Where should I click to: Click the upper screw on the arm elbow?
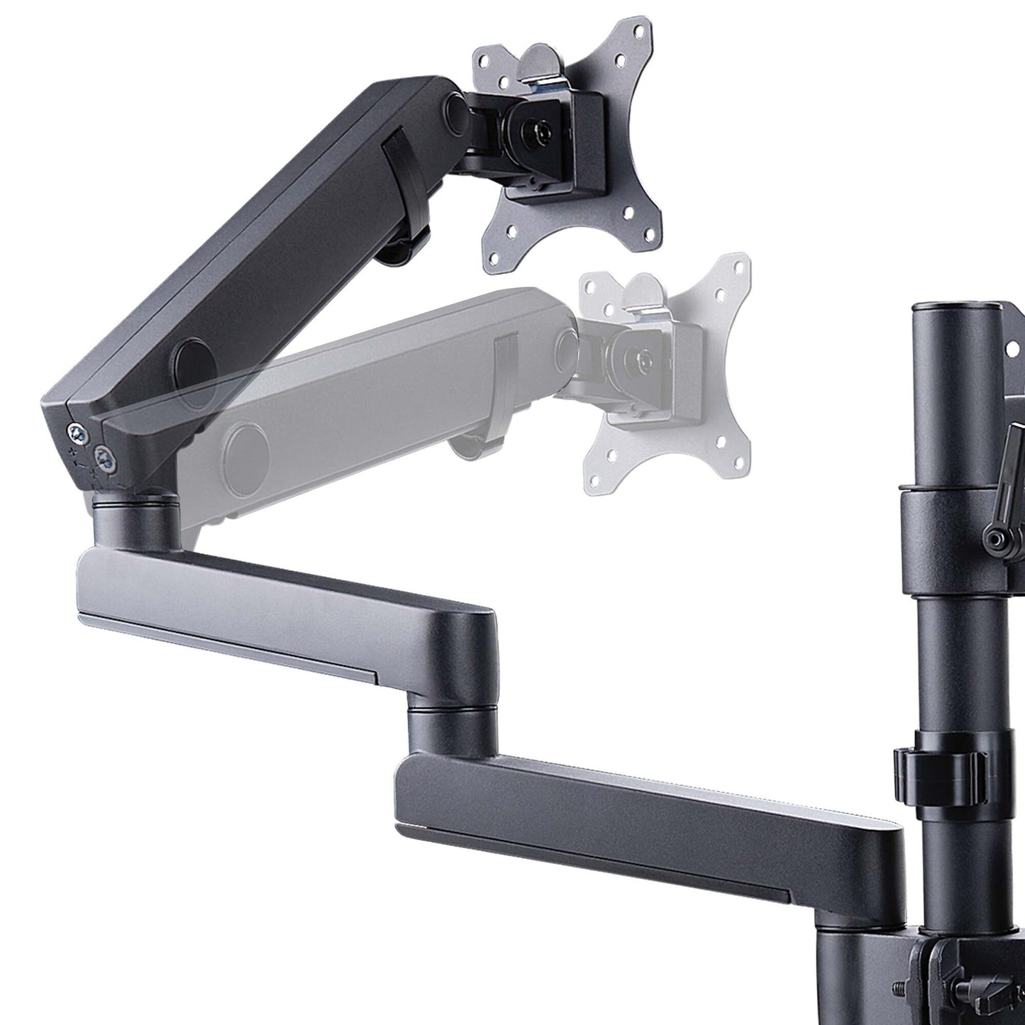coord(74,431)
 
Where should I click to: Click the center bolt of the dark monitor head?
coord(542,133)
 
